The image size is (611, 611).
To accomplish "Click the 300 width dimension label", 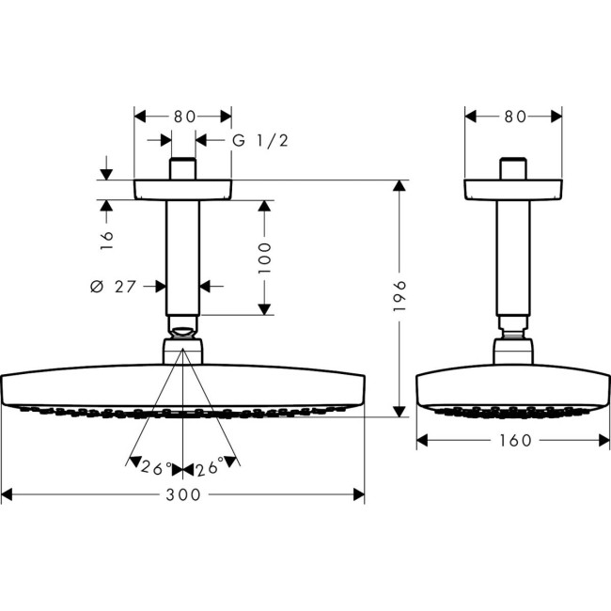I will point(183,494).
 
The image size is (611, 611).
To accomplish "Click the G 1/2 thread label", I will point(259,141).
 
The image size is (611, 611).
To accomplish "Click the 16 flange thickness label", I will point(106,237).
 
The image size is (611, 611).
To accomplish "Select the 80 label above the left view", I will point(183,117).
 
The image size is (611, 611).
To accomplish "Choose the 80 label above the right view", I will point(514,117).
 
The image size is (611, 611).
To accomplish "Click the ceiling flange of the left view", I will point(183,189).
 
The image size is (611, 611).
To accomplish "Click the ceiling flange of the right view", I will point(514,189).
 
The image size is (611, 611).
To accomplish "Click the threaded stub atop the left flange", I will point(183,169).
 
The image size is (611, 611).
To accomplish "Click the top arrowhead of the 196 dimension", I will point(399,184).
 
